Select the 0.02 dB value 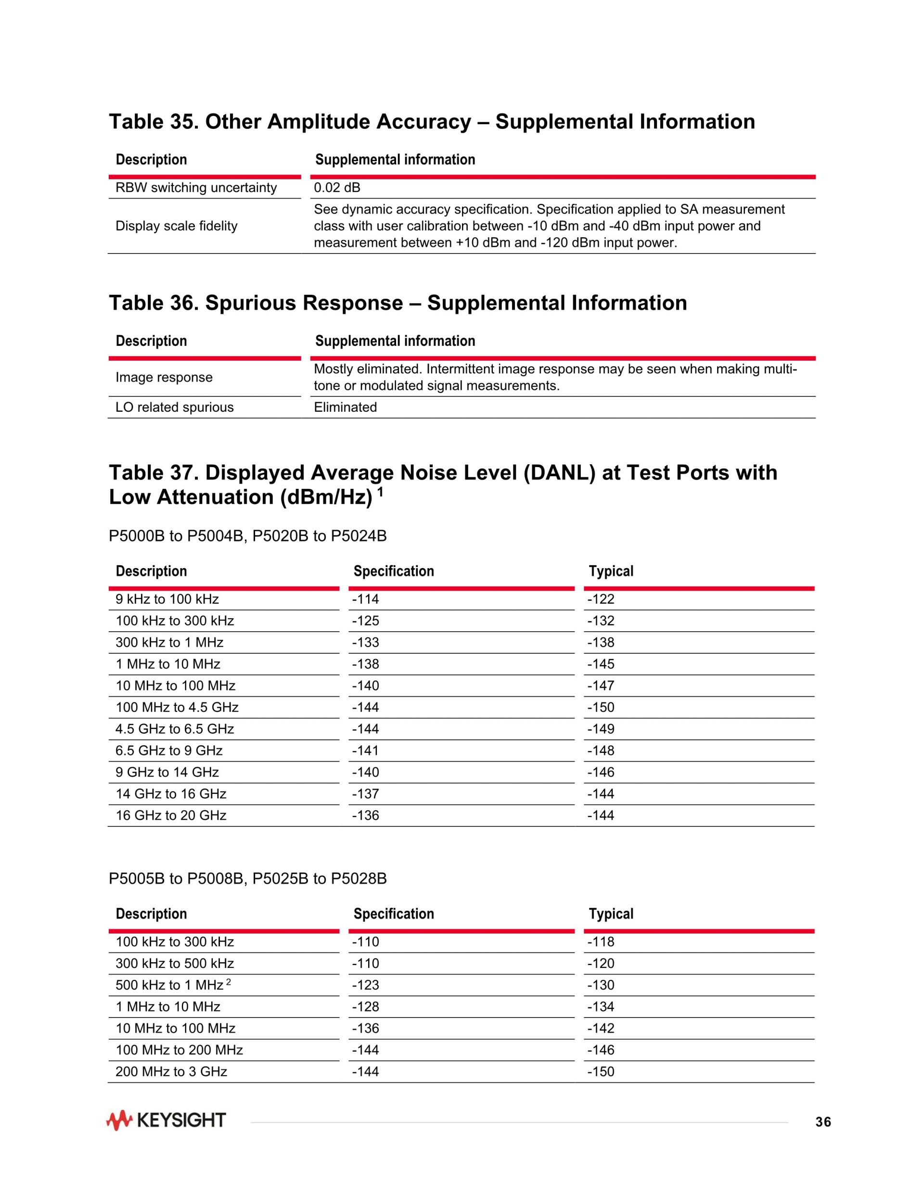click(x=337, y=188)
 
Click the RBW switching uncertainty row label click(x=196, y=188)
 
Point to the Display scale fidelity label click(x=176, y=226)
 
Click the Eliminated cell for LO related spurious click(x=345, y=407)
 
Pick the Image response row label click(x=164, y=377)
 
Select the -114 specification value click(x=365, y=599)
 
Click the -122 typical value click(x=601, y=599)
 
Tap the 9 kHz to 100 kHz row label click(x=167, y=599)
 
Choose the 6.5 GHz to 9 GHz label click(x=168, y=750)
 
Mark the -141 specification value click(x=365, y=750)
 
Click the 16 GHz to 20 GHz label click(x=171, y=815)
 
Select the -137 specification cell click(x=365, y=793)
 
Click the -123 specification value click(x=365, y=985)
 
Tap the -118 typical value click(x=601, y=941)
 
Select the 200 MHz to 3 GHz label click(x=171, y=1071)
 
